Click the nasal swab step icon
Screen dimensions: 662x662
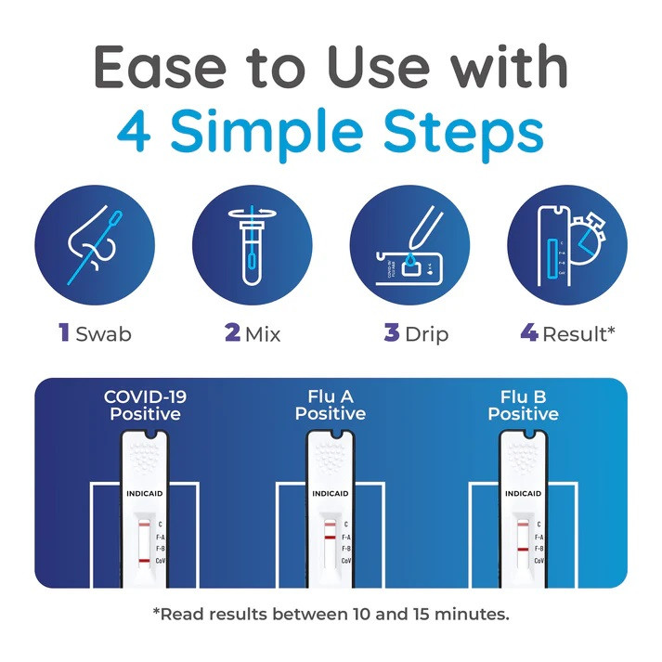coord(95,245)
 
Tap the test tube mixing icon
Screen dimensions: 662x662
coord(252,245)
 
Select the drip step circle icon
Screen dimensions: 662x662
coord(409,245)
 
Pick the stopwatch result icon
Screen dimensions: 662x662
coord(567,245)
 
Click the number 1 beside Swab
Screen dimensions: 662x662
coord(64,332)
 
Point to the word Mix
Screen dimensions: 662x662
coord(263,334)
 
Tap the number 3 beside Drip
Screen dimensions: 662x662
coord(392,332)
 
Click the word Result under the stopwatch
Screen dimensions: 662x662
coord(574,334)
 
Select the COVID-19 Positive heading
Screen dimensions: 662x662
coord(145,406)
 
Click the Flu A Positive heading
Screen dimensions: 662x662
coord(331,406)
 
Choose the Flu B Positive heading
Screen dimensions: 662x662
coord(523,406)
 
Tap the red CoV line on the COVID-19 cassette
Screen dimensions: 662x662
coord(144,561)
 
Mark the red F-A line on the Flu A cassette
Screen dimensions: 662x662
coord(330,537)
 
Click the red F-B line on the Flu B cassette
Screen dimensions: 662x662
coord(523,550)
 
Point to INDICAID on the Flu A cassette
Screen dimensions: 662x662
coord(331,494)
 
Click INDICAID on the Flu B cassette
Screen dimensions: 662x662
coord(523,494)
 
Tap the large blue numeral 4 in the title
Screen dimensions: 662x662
coord(134,131)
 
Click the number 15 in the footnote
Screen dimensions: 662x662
coord(422,614)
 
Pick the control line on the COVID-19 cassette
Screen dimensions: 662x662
coord(144,525)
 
